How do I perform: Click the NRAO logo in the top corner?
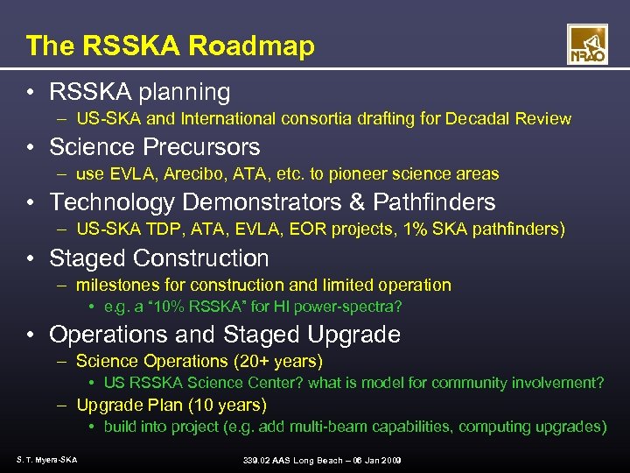tap(587, 44)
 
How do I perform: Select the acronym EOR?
tap(297, 229)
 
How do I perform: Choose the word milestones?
tap(113, 285)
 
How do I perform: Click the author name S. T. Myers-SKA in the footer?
tap(45, 460)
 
